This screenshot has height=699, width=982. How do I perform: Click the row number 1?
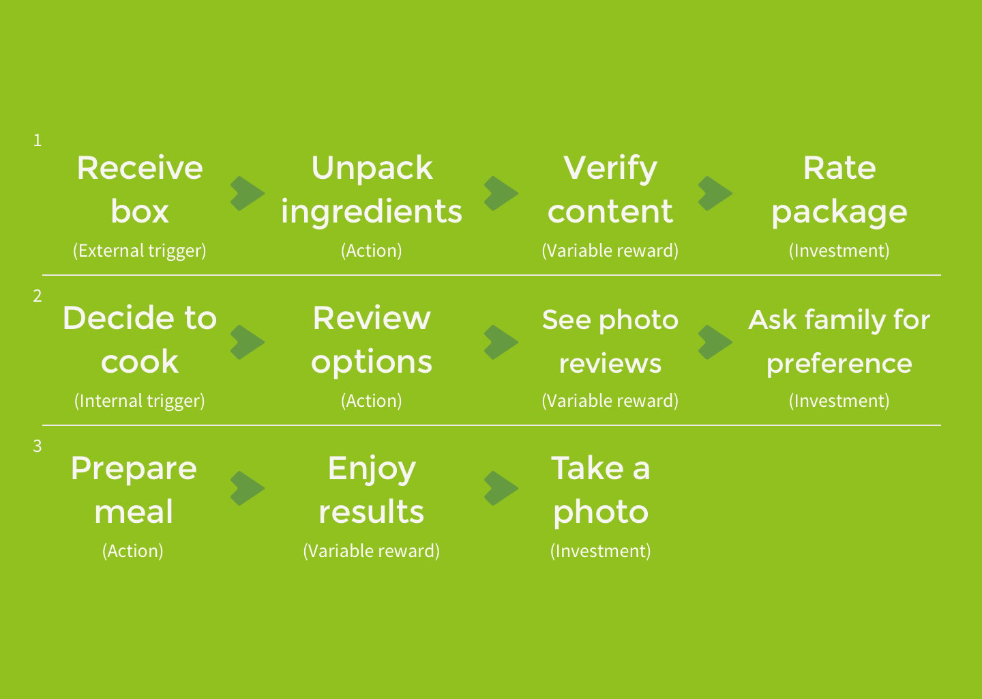(x=38, y=141)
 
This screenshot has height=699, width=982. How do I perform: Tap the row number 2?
(x=38, y=296)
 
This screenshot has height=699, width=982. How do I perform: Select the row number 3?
(x=38, y=446)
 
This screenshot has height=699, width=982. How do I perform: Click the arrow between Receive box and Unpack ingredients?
(x=248, y=193)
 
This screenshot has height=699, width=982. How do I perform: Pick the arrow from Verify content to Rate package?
(x=715, y=193)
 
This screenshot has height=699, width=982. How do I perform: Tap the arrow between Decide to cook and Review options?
(x=248, y=342)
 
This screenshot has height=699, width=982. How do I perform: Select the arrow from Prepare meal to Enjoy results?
(x=248, y=488)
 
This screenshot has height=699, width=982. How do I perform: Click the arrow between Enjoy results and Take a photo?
(x=501, y=488)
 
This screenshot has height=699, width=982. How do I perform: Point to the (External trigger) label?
(x=139, y=251)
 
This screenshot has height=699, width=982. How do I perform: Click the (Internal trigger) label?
(x=139, y=401)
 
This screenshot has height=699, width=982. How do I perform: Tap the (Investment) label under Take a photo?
(x=601, y=551)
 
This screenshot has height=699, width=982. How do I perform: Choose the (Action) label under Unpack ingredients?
(x=371, y=251)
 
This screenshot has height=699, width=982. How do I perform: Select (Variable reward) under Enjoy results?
(x=371, y=551)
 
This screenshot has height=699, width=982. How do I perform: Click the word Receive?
(x=140, y=168)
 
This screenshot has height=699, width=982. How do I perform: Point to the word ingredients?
(x=372, y=212)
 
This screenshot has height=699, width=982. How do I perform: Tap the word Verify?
(x=610, y=169)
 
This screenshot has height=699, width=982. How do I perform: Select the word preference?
(x=839, y=365)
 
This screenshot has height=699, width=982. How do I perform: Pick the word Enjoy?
(x=372, y=470)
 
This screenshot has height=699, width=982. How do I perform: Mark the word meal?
(x=134, y=512)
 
